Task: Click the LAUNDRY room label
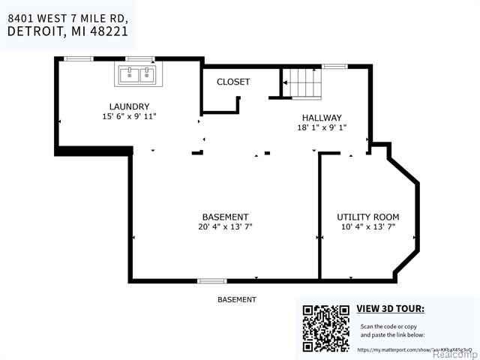pyautogui.click(x=129, y=106)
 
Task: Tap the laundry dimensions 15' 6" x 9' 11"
pyautogui.click(x=129, y=117)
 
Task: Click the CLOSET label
pyautogui.click(x=233, y=82)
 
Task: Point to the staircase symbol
pyautogui.click(x=300, y=82)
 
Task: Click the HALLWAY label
pyautogui.click(x=322, y=118)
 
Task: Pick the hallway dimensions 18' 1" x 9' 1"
pyautogui.click(x=322, y=127)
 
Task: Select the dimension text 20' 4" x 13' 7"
pyautogui.click(x=225, y=227)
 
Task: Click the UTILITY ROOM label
pyautogui.click(x=367, y=217)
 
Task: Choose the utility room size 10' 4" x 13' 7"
pyautogui.click(x=367, y=226)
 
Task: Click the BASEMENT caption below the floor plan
pyautogui.click(x=236, y=300)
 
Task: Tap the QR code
pyautogui.click(x=325, y=327)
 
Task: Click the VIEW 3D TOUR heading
pyautogui.click(x=390, y=308)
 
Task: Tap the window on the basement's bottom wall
pyautogui.click(x=211, y=281)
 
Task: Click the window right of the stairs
pyautogui.click(x=334, y=67)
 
